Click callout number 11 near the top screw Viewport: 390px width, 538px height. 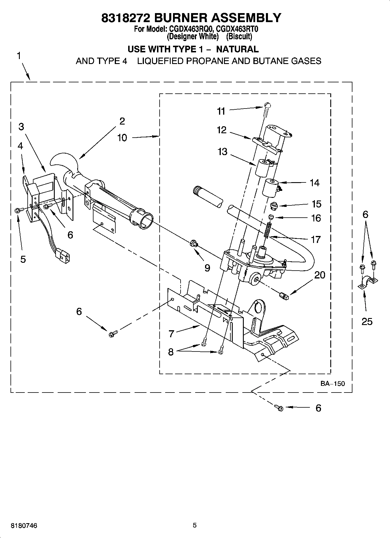click(x=221, y=111)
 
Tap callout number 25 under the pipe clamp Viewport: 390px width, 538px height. click(x=367, y=321)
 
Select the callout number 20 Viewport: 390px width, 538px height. click(x=320, y=275)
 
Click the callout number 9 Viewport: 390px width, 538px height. click(x=207, y=268)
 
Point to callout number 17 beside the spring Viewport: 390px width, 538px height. click(x=316, y=239)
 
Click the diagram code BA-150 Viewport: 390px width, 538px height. click(x=333, y=383)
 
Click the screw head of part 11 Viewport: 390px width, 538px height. click(x=267, y=105)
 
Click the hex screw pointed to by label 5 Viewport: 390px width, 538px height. click(x=17, y=210)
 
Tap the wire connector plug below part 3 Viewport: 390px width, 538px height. click(x=63, y=255)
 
